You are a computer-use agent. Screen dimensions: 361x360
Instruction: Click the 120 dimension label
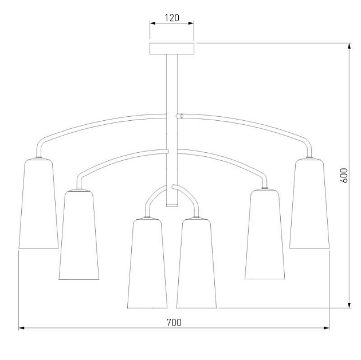(172, 18)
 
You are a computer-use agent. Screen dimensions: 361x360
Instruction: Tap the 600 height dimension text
(344, 175)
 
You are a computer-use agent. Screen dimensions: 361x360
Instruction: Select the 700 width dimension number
(174, 323)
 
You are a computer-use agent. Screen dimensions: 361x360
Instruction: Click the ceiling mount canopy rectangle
(172, 49)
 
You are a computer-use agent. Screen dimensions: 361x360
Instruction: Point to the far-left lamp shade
(38, 204)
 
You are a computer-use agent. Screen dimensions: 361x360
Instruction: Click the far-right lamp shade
(309, 204)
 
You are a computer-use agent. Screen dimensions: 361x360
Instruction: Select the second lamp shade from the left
(79, 235)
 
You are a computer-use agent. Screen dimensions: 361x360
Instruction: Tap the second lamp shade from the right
(265, 235)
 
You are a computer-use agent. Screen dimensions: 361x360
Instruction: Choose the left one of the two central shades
(147, 263)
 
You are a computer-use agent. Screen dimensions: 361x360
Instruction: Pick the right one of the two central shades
(197, 263)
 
